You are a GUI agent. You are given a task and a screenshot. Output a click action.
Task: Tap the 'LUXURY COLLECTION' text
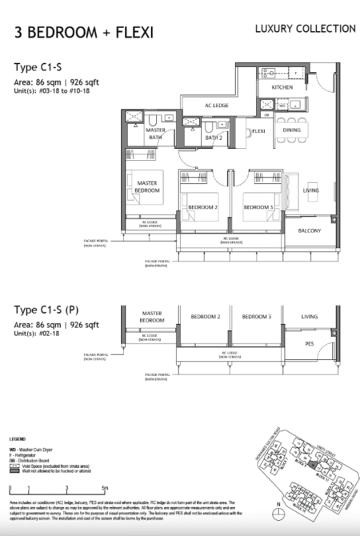(x=305, y=29)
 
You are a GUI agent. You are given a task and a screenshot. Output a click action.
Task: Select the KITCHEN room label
(x=282, y=87)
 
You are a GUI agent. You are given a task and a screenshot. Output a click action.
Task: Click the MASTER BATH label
(x=156, y=134)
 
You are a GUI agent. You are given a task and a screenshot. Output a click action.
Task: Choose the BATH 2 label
(x=213, y=138)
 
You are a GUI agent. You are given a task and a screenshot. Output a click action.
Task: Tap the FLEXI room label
(x=258, y=130)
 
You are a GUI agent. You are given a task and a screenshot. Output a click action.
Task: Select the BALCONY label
(x=309, y=230)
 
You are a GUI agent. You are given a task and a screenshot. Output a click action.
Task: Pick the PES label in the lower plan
(x=309, y=343)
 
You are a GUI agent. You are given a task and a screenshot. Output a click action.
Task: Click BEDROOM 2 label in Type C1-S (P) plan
(x=205, y=317)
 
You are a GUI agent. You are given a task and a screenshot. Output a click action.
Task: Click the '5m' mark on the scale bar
(x=106, y=486)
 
